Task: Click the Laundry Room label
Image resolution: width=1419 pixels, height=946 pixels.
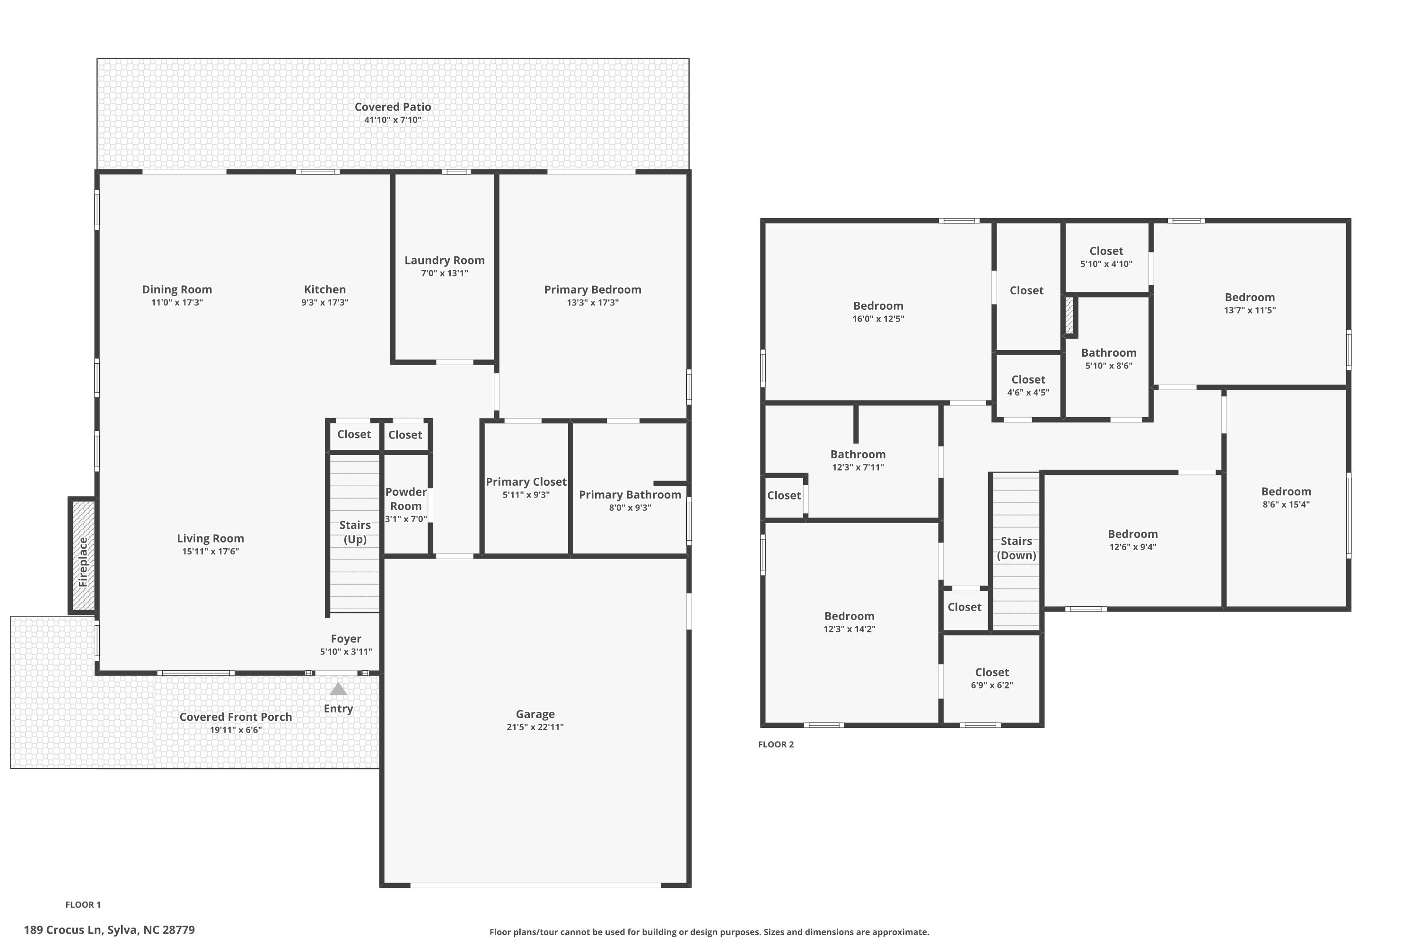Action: (x=445, y=260)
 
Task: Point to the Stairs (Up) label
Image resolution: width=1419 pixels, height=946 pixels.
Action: (x=355, y=532)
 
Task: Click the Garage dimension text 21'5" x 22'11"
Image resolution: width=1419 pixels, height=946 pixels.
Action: (x=535, y=727)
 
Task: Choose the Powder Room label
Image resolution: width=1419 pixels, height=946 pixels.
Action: (x=406, y=499)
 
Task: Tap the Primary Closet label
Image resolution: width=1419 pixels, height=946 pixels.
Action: (x=526, y=482)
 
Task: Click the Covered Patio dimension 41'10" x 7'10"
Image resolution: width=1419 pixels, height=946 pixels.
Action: (x=393, y=120)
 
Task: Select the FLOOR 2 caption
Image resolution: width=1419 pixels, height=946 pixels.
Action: (x=776, y=745)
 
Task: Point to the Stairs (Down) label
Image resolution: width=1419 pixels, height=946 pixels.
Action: (x=1016, y=548)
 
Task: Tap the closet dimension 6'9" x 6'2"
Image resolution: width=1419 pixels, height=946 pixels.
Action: (x=992, y=685)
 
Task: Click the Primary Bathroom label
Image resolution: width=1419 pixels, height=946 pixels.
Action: (x=630, y=495)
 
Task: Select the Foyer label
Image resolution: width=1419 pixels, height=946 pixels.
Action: (x=346, y=638)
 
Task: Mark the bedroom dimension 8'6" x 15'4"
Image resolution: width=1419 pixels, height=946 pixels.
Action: (x=1286, y=504)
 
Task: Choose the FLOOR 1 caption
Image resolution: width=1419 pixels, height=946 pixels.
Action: (x=83, y=904)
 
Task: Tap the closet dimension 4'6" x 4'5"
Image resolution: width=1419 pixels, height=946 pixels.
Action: (x=1028, y=393)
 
